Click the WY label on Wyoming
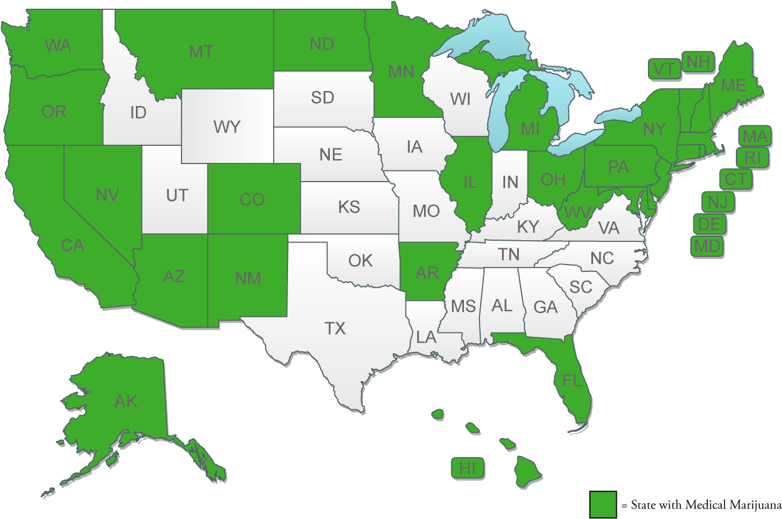(x=226, y=127)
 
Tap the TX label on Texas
(x=335, y=328)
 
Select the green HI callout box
(x=468, y=467)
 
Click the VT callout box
(x=664, y=69)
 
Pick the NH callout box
(x=698, y=62)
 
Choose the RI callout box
(x=753, y=158)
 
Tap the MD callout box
(x=707, y=246)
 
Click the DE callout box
(x=709, y=223)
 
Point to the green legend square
(x=603, y=504)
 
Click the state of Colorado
(x=253, y=200)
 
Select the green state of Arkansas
(x=427, y=273)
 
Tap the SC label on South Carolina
(x=581, y=286)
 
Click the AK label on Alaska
(x=126, y=401)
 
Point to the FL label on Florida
(x=572, y=380)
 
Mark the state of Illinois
(x=470, y=182)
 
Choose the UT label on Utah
(x=176, y=195)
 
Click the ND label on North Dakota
(x=322, y=44)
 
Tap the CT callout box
(x=736, y=180)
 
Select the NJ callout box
(x=717, y=202)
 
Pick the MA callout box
(x=755, y=135)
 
